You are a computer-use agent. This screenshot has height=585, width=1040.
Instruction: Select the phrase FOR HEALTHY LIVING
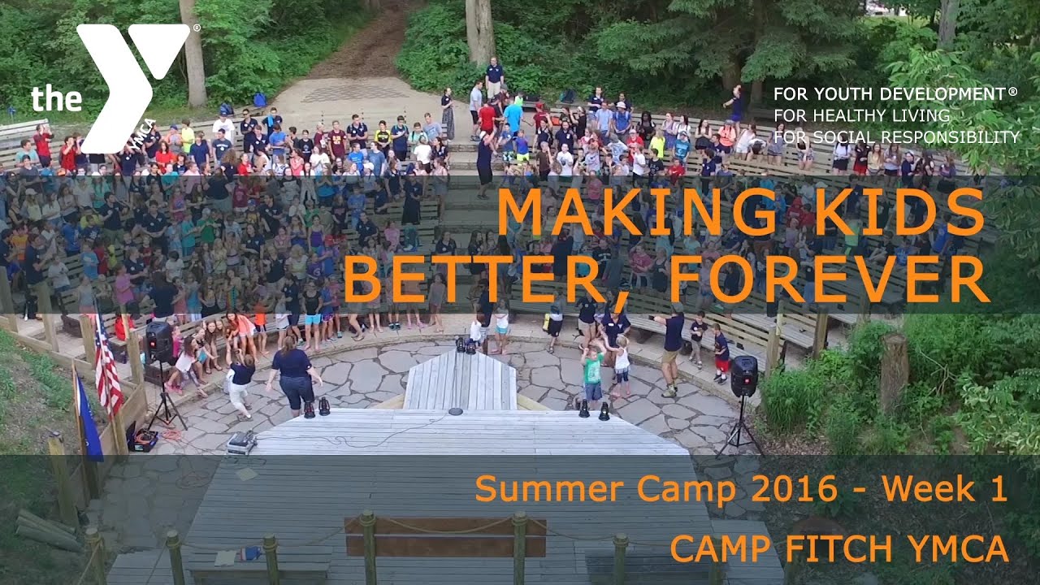[x=861, y=115]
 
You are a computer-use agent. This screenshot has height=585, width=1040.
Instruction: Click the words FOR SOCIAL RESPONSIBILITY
[x=896, y=136]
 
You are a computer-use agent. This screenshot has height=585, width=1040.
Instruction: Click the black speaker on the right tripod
[x=743, y=375]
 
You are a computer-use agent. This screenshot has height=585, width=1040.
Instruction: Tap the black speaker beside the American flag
[x=158, y=341]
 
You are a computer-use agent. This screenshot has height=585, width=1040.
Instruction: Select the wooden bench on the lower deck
[x=445, y=536]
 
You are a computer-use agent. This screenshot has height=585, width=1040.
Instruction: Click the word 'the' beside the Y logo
[x=56, y=99]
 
